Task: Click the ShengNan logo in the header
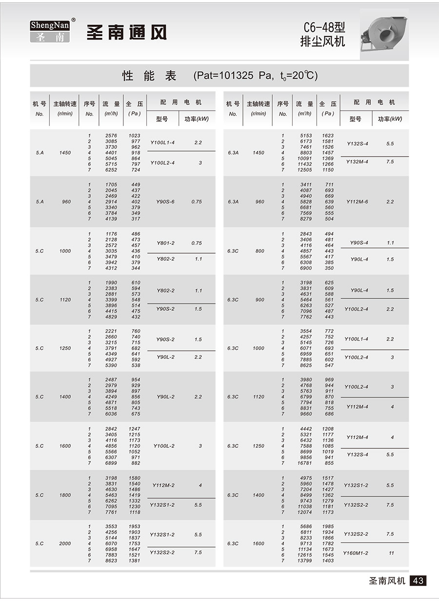click(x=50, y=31)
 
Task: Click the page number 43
click(x=418, y=581)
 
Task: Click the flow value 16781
click(x=305, y=463)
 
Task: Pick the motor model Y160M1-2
click(x=356, y=553)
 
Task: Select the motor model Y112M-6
click(x=358, y=202)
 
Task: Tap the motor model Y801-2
click(x=165, y=243)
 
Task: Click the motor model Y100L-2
click(x=164, y=446)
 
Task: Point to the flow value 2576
click(x=112, y=136)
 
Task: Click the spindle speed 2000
click(x=65, y=543)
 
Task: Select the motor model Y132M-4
click(x=357, y=161)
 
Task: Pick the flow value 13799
click(x=305, y=561)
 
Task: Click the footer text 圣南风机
click(x=387, y=581)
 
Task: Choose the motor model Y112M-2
click(x=163, y=485)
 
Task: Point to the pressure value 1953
click(x=134, y=526)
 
